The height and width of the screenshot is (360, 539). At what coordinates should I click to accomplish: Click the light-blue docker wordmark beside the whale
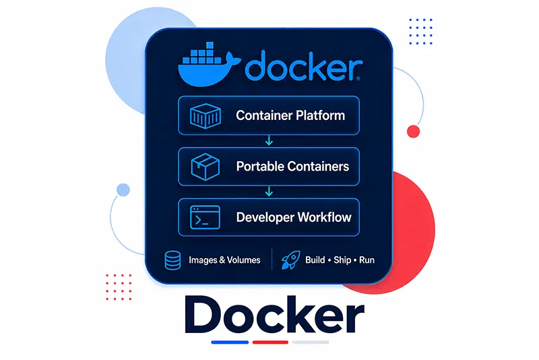click(x=304, y=65)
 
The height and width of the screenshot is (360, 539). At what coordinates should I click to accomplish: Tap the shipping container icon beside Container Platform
click(x=205, y=116)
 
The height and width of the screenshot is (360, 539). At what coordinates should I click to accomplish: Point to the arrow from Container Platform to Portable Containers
click(x=269, y=140)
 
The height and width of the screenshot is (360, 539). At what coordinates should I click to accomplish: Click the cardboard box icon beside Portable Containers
click(x=205, y=167)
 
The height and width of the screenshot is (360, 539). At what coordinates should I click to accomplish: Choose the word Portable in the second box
click(x=260, y=167)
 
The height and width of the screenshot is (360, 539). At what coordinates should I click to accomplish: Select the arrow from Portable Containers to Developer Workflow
click(x=269, y=191)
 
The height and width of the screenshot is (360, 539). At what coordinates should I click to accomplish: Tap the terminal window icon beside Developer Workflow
click(x=205, y=217)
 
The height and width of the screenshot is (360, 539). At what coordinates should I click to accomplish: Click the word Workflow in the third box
click(x=325, y=217)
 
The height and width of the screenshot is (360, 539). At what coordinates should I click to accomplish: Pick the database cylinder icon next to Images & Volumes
click(x=172, y=260)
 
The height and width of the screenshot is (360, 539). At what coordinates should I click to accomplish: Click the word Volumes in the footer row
click(x=244, y=260)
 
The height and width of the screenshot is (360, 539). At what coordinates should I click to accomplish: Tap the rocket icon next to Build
click(x=291, y=260)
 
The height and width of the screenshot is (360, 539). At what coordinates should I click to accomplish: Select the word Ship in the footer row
click(x=342, y=260)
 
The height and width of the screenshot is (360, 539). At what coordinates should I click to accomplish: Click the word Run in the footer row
click(x=367, y=260)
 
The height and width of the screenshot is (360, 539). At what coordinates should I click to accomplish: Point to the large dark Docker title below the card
click(x=274, y=315)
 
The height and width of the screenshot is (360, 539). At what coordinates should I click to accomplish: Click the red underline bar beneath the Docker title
click(x=270, y=342)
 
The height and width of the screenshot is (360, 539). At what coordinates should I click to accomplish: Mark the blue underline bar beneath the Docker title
click(x=230, y=342)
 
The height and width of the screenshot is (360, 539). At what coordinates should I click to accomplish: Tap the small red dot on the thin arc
click(x=413, y=131)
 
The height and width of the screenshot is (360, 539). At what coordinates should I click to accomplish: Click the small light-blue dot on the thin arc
click(x=123, y=190)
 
